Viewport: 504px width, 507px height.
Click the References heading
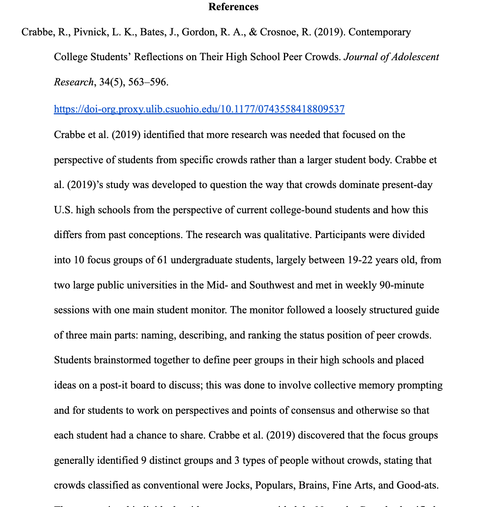[x=233, y=7]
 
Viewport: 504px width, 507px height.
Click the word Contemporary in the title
[x=380, y=32]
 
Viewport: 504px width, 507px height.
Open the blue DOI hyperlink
[x=199, y=109]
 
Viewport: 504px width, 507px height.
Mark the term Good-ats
[x=417, y=485]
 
